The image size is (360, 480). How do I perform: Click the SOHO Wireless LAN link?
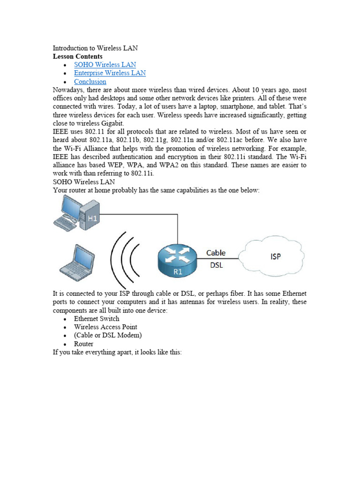point(105,65)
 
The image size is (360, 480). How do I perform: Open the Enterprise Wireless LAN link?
point(110,73)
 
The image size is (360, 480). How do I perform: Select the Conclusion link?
point(90,82)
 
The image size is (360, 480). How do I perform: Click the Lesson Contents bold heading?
point(77,56)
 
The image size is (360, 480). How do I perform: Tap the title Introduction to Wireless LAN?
point(95,48)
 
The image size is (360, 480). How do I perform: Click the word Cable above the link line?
point(216,253)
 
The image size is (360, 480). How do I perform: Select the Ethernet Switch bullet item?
point(97,319)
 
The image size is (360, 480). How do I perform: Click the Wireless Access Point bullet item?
point(105,327)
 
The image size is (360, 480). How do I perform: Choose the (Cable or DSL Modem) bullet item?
point(108,336)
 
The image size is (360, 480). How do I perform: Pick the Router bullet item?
point(83,344)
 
